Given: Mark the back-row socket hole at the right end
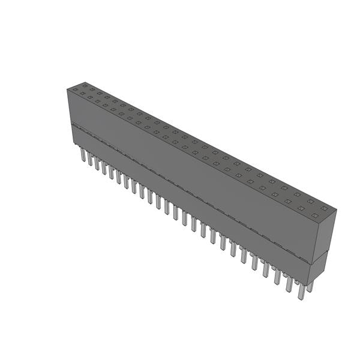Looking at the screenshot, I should (x=324, y=208).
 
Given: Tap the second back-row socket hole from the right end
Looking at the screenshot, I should (x=311, y=202).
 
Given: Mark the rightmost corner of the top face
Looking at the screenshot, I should (x=336, y=210).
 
